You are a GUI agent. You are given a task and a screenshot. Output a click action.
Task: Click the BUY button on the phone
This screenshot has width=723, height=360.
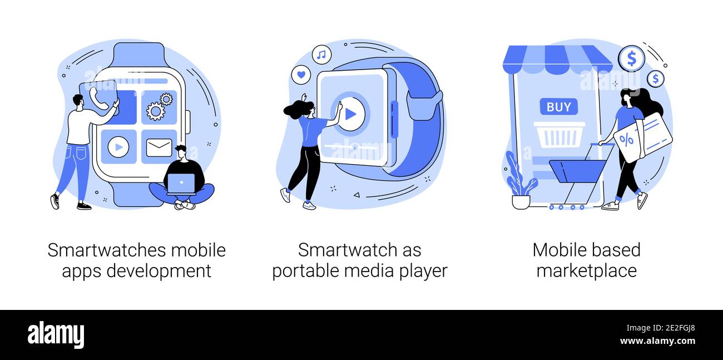click(x=559, y=107)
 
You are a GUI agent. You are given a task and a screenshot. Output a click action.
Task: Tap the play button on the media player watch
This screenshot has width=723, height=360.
click(x=350, y=114)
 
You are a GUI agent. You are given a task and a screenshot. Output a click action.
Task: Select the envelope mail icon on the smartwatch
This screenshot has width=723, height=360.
click(x=159, y=147)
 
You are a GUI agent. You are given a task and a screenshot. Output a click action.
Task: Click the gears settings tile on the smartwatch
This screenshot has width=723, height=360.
click(x=159, y=107)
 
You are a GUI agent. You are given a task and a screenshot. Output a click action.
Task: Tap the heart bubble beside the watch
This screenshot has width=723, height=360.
click(x=301, y=75)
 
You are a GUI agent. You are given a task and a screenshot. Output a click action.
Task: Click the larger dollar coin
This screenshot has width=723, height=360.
click(x=631, y=59)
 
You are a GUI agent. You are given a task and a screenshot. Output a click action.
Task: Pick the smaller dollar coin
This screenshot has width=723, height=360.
click(x=655, y=79)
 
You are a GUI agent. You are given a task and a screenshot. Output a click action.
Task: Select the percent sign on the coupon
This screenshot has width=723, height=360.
click(x=626, y=140)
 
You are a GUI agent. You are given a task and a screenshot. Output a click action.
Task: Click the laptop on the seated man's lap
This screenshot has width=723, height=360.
click(x=181, y=184)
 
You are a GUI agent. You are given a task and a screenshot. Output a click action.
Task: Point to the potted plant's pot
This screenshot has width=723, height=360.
click(x=521, y=202)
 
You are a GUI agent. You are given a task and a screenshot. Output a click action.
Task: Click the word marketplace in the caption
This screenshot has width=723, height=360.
click(x=587, y=270)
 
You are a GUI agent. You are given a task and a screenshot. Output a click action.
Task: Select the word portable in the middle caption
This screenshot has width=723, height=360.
click(x=306, y=270)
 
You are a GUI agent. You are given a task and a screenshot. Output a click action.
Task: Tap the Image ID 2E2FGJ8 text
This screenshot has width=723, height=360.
click(x=661, y=328)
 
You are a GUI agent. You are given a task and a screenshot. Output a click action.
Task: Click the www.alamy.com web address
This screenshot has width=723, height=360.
click(x=657, y=341)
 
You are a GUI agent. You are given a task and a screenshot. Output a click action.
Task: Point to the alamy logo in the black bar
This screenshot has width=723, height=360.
click(x=56, y=334)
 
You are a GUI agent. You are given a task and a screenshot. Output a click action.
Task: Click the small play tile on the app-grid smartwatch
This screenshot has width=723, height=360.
click(x=118, y=147)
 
